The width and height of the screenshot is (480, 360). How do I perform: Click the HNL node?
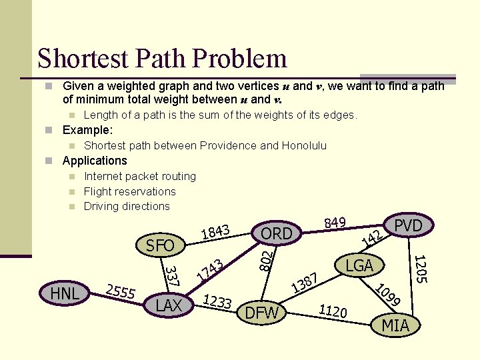[65, 293]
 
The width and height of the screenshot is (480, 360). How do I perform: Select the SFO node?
[160, 245]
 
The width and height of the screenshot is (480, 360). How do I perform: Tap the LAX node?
[169, 305]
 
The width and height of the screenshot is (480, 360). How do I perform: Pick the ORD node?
[276, 233]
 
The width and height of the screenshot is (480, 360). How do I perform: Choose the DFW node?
[263, 313]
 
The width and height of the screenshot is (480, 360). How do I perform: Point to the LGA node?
[359, 265]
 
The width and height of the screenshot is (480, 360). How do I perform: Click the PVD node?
[408, 225]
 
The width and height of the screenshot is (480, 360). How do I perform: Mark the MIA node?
[395, 325]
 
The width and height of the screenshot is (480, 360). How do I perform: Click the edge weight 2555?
[121, 291]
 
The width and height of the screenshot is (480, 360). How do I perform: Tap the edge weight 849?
[334, 221]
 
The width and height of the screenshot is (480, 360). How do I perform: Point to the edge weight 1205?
[419, 269]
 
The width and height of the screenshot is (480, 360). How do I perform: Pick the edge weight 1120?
[333, 310]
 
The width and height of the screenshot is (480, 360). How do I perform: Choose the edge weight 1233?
[217, 302]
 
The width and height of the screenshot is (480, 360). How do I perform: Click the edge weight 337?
[171, 277]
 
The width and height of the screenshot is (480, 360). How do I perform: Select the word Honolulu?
[304, 145]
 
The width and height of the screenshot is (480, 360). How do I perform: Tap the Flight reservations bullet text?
[130, 191]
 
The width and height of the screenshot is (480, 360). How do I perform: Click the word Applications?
[95, 161]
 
